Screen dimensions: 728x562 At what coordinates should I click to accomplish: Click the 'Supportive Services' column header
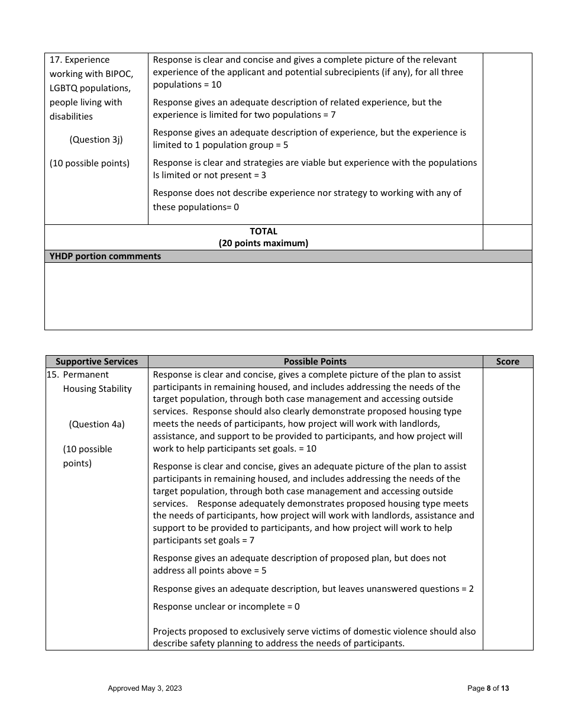pos(96,362)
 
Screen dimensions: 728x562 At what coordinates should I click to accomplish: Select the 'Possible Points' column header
pos(315,362)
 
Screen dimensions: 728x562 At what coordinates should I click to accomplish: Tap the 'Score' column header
pos(508,362)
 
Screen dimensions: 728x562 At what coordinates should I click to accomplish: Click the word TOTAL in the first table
pos(263,231)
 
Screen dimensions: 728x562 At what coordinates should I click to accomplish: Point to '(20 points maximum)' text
pos(263,243)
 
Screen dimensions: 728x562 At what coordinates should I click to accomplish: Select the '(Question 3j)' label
pos(96,140)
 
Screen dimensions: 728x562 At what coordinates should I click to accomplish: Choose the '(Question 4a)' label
pos(96,424)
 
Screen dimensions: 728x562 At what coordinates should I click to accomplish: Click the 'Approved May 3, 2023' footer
pos(144,688)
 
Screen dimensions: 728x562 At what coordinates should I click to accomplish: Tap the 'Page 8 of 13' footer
pos(488,688)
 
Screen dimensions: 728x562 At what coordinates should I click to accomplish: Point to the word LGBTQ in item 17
pos(64,88)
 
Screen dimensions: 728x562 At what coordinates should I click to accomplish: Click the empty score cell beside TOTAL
pos(507,237)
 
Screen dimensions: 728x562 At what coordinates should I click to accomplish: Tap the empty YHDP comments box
pos(288,296)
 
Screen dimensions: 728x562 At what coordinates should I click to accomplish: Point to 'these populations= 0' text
pos(196,207)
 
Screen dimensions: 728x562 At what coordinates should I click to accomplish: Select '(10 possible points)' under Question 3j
pos(89,163)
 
